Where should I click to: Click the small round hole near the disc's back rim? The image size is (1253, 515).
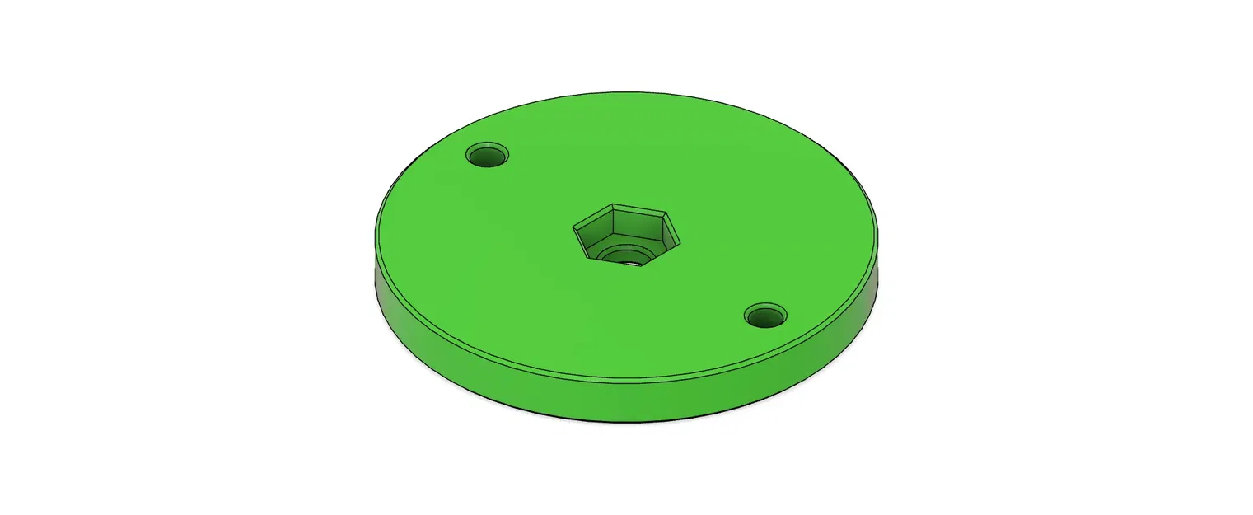tap(487, 154)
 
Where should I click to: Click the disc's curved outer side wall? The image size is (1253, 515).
tap(626, 400)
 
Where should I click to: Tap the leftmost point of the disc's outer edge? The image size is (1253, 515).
tap(375, 247)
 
